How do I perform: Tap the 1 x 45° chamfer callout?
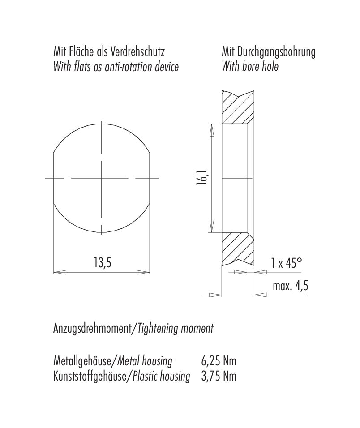point(287,263)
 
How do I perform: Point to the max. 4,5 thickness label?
point(291,286)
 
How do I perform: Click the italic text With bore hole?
point(250,67)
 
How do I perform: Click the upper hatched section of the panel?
point(237,107)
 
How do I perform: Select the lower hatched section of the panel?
point(236,248)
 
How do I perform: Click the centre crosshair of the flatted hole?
point(103,178)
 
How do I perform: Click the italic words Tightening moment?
point(176,329)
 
